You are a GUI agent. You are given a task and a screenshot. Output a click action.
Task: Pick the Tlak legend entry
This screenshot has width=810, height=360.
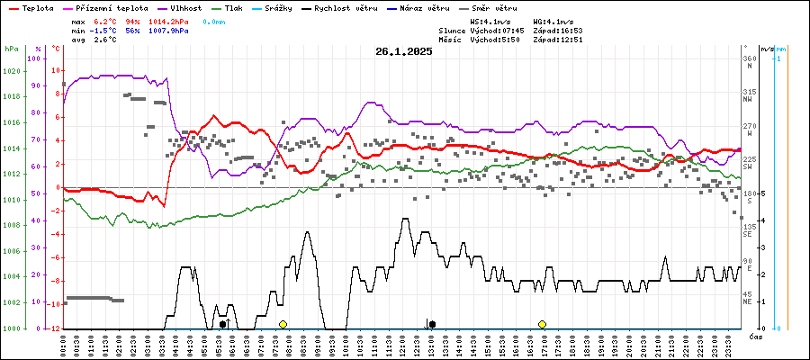(x=233, y=7)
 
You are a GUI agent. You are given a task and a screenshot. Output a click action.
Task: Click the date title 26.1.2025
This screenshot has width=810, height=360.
(x=404, y=51)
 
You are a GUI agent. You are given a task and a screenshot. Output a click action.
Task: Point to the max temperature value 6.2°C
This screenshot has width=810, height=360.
(x=109, y=21)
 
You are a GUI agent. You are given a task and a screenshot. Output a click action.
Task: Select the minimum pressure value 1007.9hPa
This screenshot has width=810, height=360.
(x=171, y=31)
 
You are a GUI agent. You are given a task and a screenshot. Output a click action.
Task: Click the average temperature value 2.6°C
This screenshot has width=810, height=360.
(x=109, y=40)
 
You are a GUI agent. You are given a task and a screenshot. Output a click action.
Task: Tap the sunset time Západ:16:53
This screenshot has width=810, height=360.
(x=558, y=31)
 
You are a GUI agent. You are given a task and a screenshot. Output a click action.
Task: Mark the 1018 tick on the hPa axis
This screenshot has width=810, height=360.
(x=12, y=95)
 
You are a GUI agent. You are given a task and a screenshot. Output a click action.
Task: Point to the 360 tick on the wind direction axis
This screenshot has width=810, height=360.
(x=748, y=59)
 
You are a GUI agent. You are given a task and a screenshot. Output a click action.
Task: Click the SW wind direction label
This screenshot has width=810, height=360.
(x=748, y=167)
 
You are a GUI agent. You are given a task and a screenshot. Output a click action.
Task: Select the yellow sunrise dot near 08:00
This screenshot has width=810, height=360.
(x=283, y=324)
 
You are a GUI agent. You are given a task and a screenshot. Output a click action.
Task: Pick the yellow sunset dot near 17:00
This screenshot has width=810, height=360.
(x=542, y=324)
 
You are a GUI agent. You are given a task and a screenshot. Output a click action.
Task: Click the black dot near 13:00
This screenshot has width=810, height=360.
(x=433, y=324)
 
